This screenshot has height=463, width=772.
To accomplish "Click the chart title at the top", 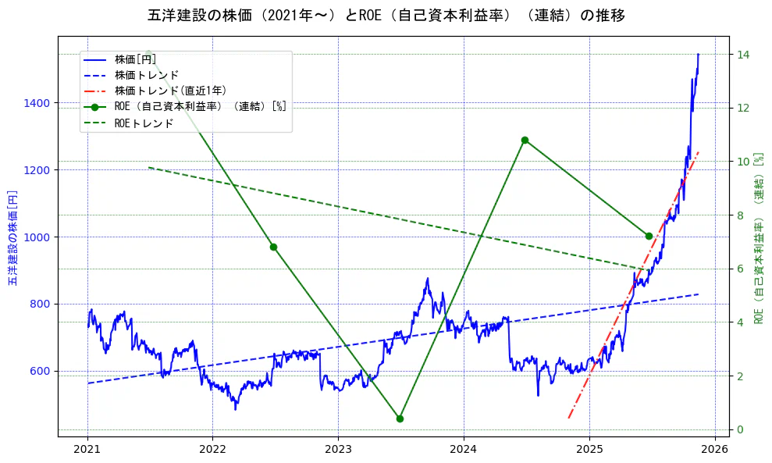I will tap(386, 15).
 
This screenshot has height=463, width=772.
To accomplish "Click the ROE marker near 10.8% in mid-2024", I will tap(525, 140).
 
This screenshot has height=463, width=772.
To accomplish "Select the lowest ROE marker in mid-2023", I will tap(400, 418).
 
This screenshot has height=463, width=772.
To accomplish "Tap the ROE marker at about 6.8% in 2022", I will tap(273, 247).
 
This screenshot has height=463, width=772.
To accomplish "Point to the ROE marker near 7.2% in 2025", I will tap(649, 236).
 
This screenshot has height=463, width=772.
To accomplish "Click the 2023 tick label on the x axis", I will tap(338, 449).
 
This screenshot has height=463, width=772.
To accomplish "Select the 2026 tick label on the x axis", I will tap(714, 449).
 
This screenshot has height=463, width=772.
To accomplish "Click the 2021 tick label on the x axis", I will tap(87, 449).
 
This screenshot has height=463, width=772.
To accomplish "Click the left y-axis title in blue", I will tap(12, 237).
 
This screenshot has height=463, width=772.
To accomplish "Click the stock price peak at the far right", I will tap(698, 55).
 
